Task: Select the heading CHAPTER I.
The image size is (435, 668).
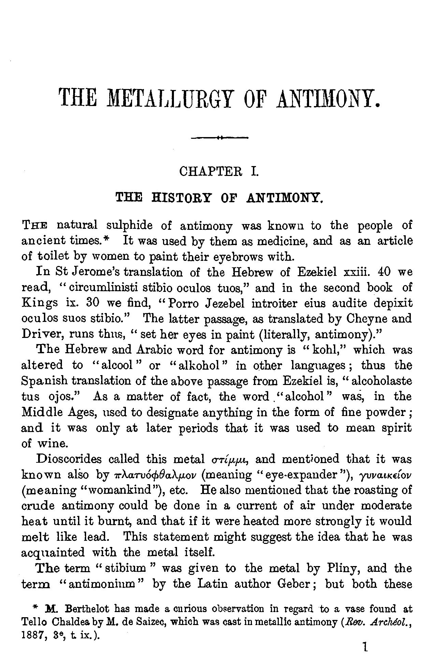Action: coord(219,170)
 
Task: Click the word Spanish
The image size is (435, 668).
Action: coord(46,381)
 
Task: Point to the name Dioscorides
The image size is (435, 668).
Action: coord(69,459)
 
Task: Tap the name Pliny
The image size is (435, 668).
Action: coord(332,568)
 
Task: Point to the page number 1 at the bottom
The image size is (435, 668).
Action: coord(365,646)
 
